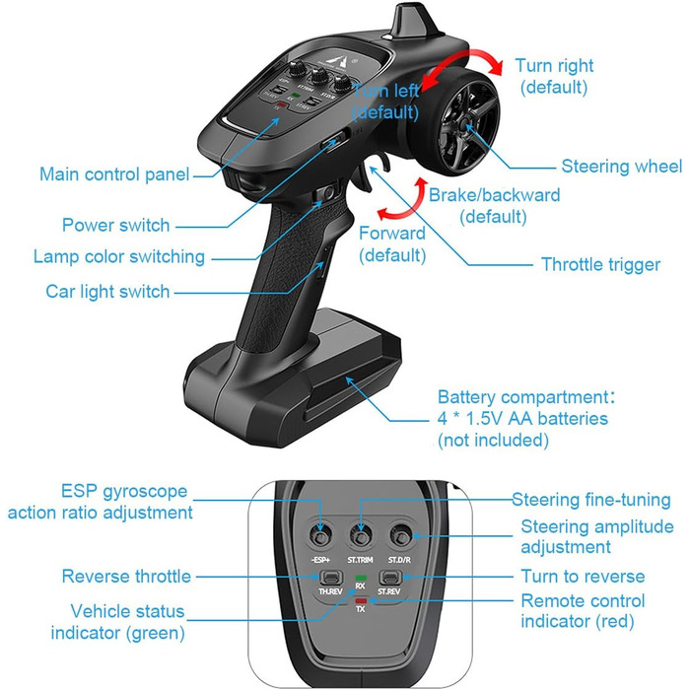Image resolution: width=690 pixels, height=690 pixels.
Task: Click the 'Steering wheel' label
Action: [x=621, y=167]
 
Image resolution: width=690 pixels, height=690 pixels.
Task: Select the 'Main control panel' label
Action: [x=114, y=174]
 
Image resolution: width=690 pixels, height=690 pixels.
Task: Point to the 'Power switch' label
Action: [x=115, y=225]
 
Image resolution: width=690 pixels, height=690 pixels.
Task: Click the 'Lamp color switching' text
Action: [x=118, y=257]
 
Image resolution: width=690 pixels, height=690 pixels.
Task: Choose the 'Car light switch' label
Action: [x=107, y=292]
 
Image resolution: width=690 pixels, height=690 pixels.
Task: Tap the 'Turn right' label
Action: [x=554, y=66]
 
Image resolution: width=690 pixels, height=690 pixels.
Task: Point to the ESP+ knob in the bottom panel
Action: [x=322, y=536]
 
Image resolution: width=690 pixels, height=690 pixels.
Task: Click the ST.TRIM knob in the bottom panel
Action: [x=361, y=536]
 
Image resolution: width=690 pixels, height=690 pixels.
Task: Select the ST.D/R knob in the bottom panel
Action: [x=399, y=536]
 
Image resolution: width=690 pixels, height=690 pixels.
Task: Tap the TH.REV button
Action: [x=330, y=578]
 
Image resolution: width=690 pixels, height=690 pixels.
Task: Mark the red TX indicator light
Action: [x=361, y=600]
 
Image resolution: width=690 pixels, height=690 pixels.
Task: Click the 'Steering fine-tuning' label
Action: [x=590, y=501]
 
